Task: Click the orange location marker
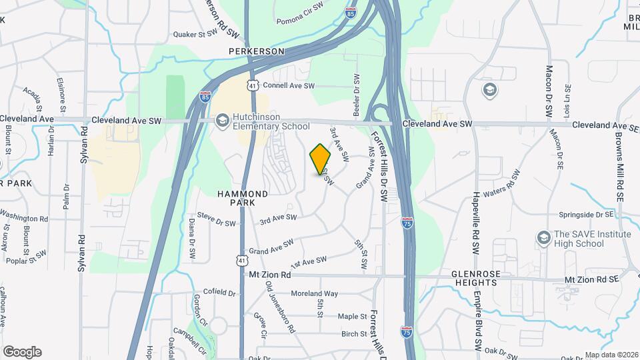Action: pyautogui.click(x=321, y=160)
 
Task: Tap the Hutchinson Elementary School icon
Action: pyautogui.click(x=221, y=121)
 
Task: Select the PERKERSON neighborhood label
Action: pyautogui.click(x=256, y=51)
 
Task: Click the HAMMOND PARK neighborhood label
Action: pyautogui.click(x=243, y=198)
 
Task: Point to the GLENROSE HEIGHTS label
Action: pyautogui.click(x=465, y=277)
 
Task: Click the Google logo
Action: pyautogui.click(x=22, y=352)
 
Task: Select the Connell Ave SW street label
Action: pyautogui.click(x=288, y=86)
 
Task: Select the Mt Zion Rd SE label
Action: pyautogui.click(x=592, y=280)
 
